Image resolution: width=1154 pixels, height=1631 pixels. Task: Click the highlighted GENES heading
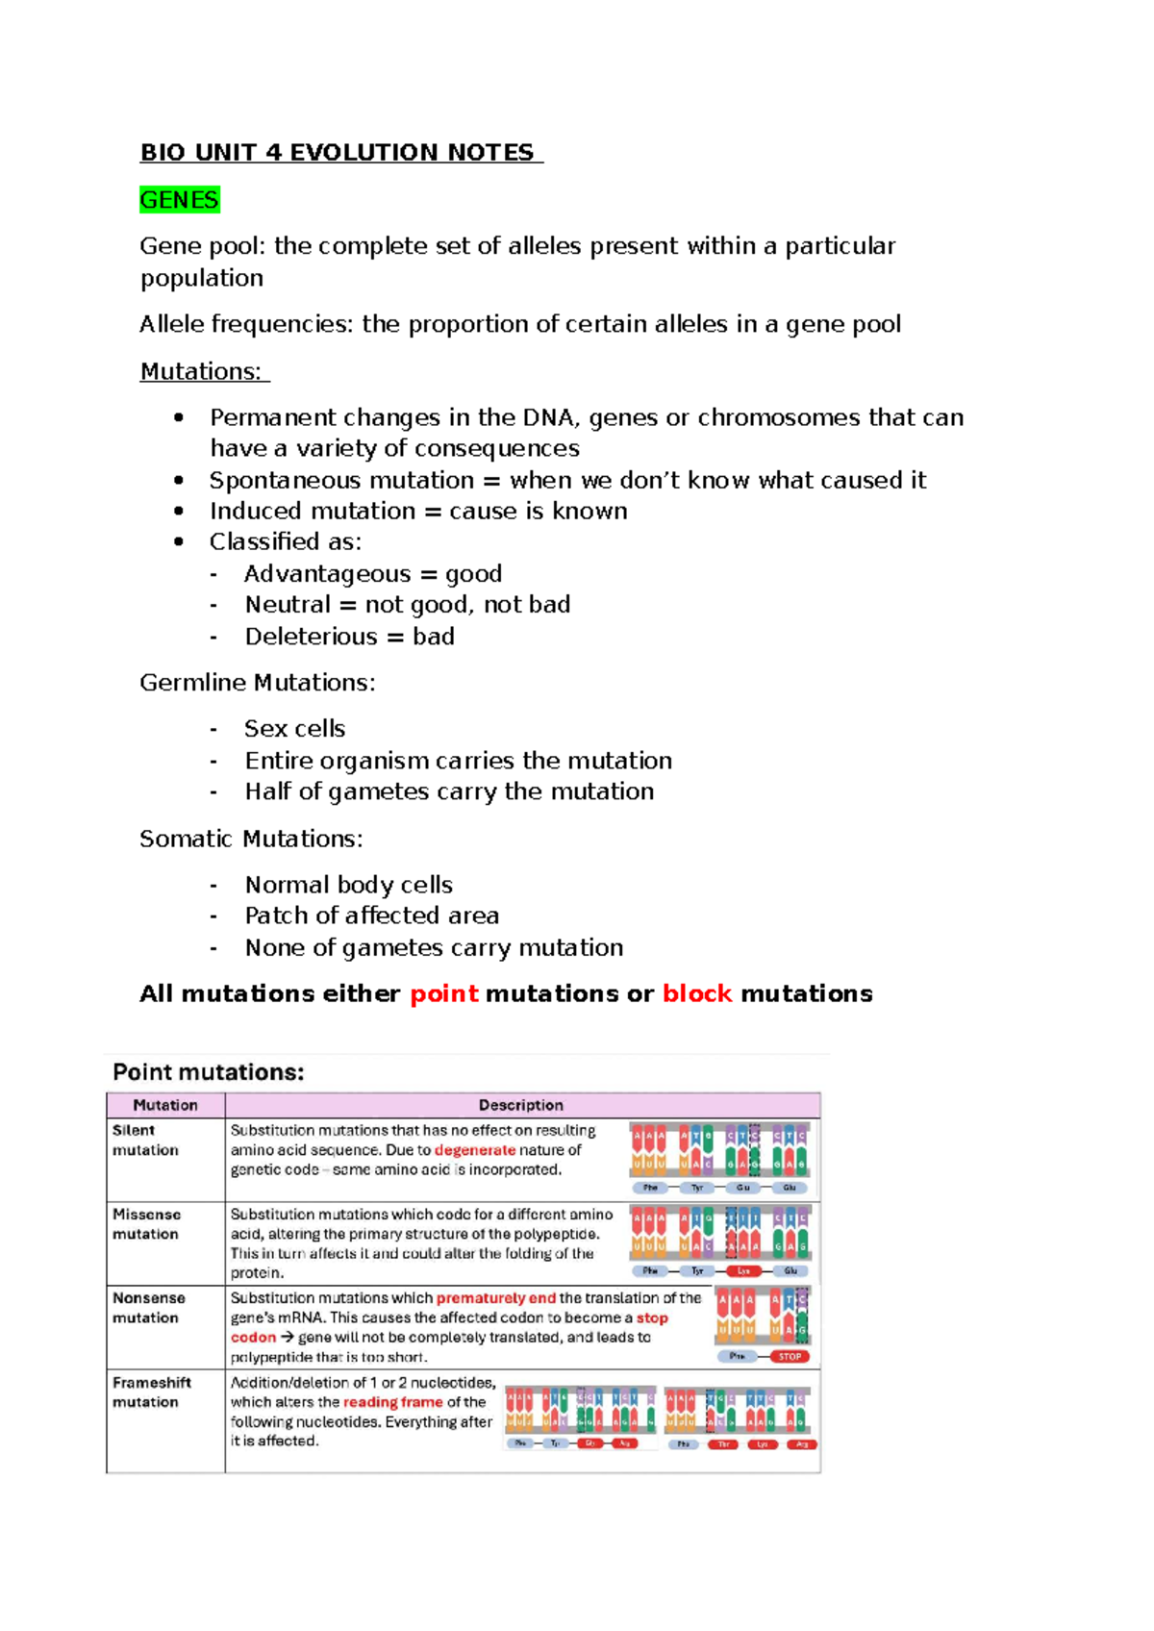[180, 200]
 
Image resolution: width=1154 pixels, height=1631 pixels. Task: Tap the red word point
[444, 993]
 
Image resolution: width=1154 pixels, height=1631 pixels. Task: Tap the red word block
[697, 993]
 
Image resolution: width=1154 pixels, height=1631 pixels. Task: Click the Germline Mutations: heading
[258, 683]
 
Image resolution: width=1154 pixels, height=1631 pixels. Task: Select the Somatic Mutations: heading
[252, 839]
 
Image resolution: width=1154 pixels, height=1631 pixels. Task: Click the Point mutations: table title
[209, 1072]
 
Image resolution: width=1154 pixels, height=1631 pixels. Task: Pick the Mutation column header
[165, 1105]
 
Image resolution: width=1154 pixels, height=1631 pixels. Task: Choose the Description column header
[521, 1105]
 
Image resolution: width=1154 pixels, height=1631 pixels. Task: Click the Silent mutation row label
[145, 1141]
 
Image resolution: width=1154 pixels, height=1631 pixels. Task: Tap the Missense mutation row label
[146, 1224]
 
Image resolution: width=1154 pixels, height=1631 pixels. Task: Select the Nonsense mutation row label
[149, 1308]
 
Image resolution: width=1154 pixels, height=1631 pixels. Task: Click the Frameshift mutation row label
[152, 1393]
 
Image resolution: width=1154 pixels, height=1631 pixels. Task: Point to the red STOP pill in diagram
[790, 1356]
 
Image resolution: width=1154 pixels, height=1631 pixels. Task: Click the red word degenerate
[475, 1150]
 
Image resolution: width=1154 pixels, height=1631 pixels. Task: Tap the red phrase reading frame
[393, 1402]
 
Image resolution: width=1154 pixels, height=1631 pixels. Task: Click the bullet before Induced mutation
[179, 511]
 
